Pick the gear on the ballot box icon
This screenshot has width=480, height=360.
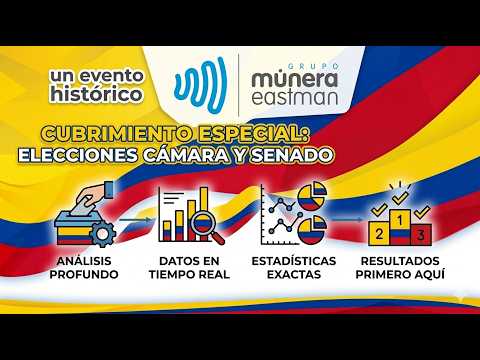(x=102, y=233)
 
